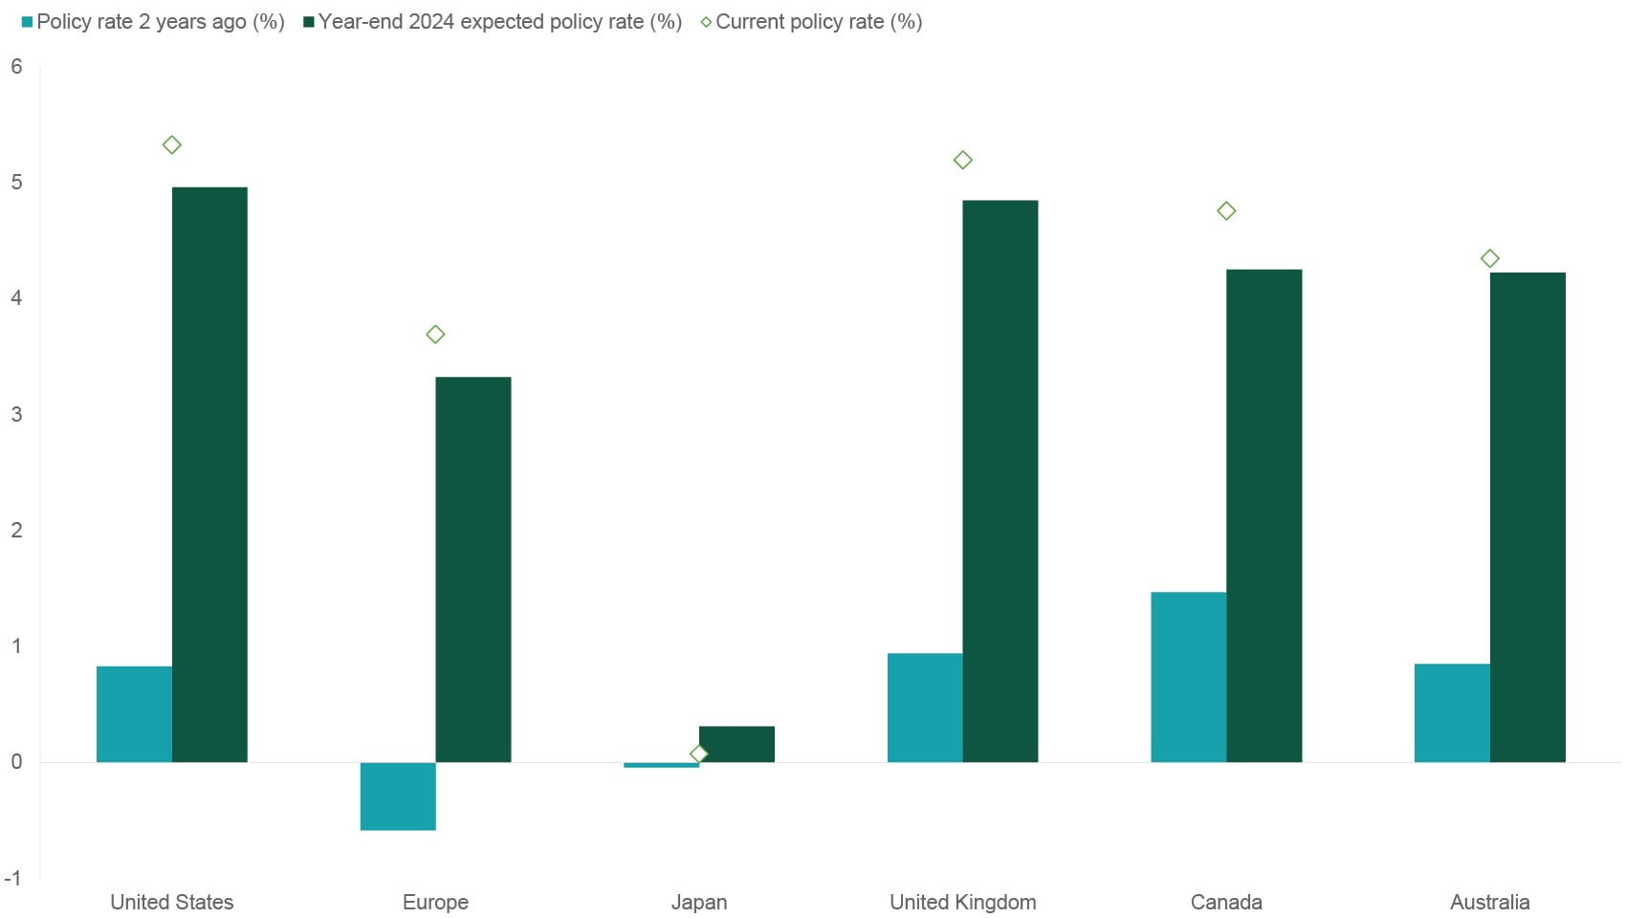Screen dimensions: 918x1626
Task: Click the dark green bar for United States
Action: (209, 474)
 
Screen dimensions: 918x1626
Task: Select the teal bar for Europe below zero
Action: (398, 796)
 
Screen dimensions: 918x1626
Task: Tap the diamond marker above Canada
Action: (1226, 210)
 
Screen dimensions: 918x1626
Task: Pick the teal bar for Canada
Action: (1188, 677)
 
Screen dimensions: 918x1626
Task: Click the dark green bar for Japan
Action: (736, 744)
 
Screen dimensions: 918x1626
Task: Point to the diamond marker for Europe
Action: (435, 335)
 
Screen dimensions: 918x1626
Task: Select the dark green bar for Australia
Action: (1527, 517)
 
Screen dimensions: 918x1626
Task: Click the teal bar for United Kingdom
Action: (925, 708)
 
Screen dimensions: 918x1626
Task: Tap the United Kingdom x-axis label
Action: (962, 902)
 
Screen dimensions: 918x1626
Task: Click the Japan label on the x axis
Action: (698, 902)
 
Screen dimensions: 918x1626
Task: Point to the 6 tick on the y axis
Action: (16, 67)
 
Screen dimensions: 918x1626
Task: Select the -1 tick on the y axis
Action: (13, 878)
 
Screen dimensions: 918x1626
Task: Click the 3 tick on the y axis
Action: (16, 414)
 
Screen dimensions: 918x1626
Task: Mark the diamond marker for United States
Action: (172, 145)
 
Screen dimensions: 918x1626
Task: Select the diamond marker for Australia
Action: (1489, 258)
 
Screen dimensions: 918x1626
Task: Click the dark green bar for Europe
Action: (473, 569)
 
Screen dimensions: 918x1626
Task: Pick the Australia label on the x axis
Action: (1489, 902)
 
